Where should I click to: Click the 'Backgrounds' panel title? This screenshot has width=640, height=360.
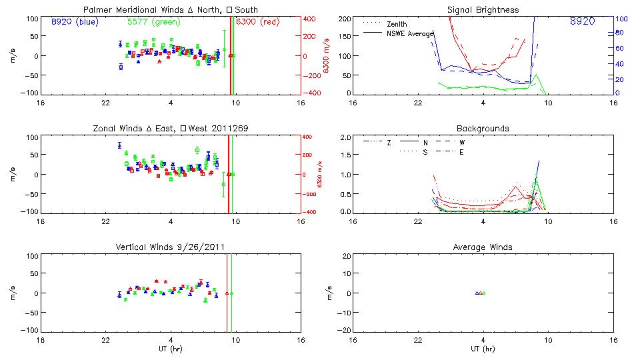483,128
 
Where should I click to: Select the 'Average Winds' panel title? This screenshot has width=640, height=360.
483,247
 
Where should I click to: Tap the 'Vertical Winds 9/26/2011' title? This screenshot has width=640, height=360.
171,247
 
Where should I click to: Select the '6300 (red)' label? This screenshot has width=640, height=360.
257,21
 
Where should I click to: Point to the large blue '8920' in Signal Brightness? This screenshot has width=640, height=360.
583,22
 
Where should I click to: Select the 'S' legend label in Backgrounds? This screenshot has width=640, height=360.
425,152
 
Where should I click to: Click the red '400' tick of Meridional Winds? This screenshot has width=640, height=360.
311,19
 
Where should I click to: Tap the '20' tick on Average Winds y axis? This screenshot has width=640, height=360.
347,256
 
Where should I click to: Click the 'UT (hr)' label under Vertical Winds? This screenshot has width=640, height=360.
171,349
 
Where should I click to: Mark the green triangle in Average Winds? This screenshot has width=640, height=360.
484,293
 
